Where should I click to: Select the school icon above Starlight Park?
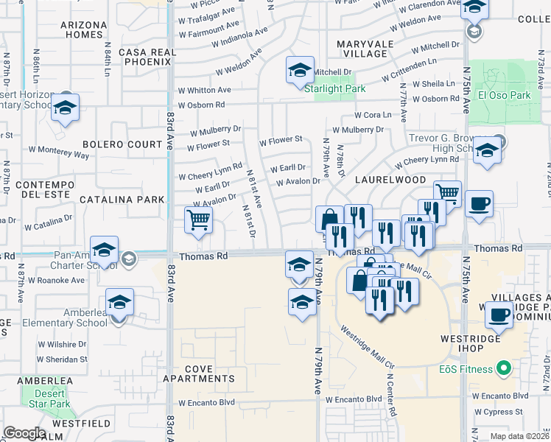pos(300,71)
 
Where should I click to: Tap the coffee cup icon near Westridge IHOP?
pos(497,316)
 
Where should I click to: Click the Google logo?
pos(24,433)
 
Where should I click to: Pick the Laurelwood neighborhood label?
pos(390,180)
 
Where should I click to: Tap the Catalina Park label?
pos(122,199)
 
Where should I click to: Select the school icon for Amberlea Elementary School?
pos(119,303)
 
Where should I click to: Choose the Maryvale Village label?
pos(362,49)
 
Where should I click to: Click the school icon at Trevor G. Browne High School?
pos(486,151)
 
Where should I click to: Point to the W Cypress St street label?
pos(498,412)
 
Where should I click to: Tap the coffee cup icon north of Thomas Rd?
pos(479,204)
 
